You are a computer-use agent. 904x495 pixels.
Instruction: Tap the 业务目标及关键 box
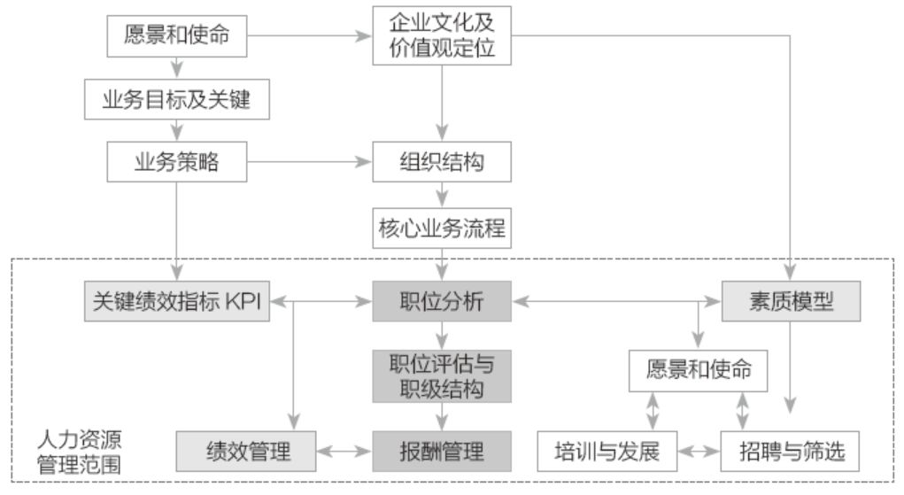point(176,100)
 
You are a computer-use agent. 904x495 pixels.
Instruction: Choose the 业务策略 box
point(176,163)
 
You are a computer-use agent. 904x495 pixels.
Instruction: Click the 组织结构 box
point(441,163)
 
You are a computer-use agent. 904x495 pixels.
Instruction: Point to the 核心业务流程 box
point(441,228)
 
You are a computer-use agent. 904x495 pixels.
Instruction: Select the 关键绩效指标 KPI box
point(175,302)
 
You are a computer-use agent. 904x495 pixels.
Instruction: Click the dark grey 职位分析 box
point(441,302)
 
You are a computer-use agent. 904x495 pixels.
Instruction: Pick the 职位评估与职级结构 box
point(441,376)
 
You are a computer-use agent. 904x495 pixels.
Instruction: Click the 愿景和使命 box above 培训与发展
point(699,369)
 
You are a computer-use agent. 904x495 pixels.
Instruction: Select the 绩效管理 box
point(246,451)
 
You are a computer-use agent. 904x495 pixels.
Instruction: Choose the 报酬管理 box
point(441,451)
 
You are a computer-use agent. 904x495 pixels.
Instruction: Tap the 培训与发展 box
point(607,451)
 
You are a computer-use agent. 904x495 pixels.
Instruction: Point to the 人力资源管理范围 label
point(79,452)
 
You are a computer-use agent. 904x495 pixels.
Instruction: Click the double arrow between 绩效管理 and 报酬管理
point(344,451)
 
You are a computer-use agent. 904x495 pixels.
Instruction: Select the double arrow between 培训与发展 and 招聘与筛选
point(699,451)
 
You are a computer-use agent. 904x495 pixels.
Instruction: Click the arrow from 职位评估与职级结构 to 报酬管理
point(441,416)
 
